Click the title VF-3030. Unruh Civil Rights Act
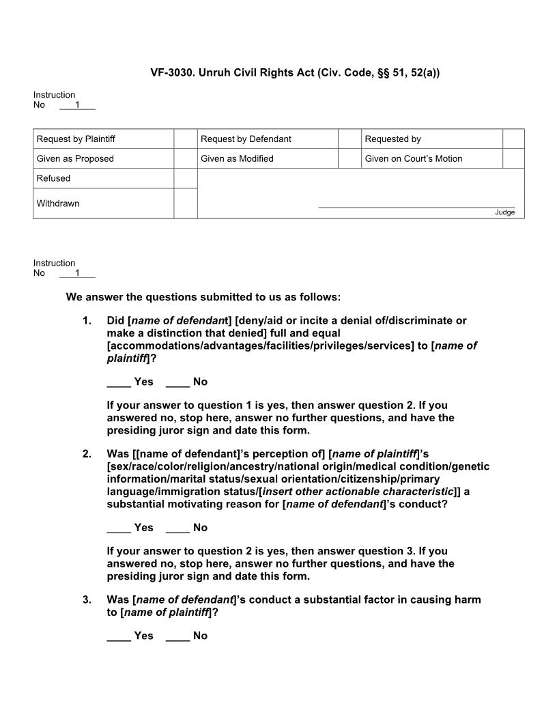295,72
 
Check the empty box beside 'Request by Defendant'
349,139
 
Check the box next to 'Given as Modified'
349,159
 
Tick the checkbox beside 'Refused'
185,179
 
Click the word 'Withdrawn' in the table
58,203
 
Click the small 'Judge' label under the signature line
504,212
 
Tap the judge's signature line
416,206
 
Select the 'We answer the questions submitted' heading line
203,297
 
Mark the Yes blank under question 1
119,382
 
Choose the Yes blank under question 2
119,528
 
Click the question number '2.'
87,454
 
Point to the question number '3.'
87,600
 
